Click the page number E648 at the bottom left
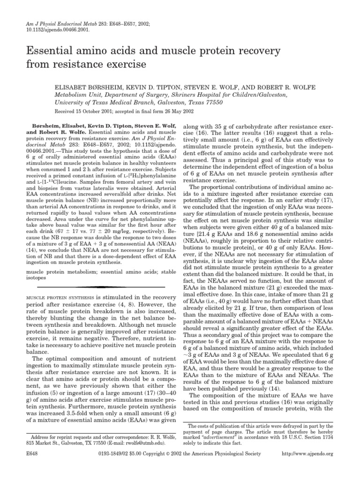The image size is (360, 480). click(x=22, y=469)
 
